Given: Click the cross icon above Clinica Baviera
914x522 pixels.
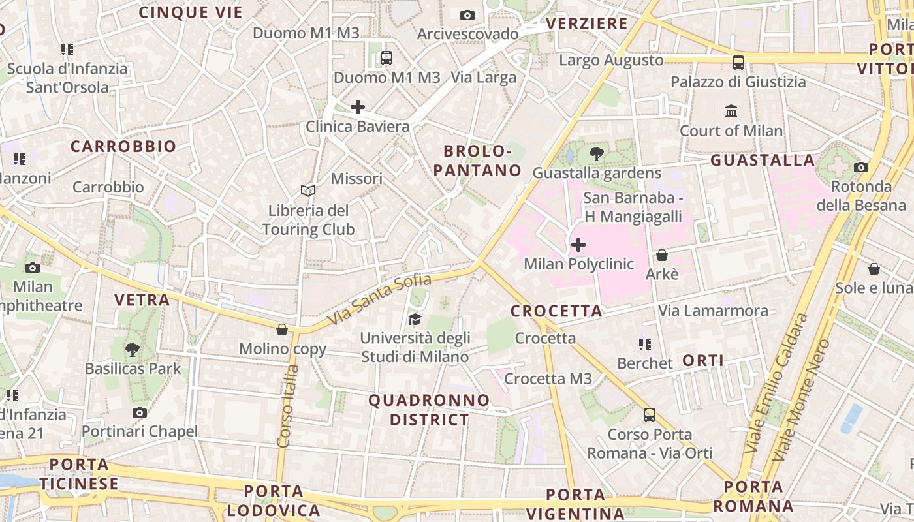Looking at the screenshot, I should tap(358, 107).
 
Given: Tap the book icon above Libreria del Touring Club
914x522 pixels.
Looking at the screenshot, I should tap(308, 191).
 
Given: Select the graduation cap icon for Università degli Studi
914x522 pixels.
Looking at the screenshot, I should tap(415, 319).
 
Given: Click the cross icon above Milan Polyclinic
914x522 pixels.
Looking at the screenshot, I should tap(578, 245).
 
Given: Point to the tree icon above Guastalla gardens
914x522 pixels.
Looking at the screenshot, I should tap(596, 154).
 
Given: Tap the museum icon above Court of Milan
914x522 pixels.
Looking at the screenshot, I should tap(731, 111).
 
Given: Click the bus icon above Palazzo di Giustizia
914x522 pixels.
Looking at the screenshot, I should tap(738, 63).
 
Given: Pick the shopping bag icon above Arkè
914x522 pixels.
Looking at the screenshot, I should tap(662, 255).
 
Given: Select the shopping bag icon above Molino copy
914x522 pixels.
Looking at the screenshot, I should tap(282, 330).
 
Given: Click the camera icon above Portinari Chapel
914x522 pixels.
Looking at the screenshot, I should tap(140, 412).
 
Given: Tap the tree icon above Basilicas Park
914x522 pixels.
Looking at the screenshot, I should tap(133, 349).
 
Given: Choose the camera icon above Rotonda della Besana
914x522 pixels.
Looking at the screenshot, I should tap(861, 167).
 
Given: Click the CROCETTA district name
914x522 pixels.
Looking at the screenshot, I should tap(556, 311).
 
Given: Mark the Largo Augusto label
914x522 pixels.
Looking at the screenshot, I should tap(612, 61).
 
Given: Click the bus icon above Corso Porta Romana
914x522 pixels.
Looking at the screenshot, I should tap(650, 415).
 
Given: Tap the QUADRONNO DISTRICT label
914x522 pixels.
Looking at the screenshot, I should tap(430, 410).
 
